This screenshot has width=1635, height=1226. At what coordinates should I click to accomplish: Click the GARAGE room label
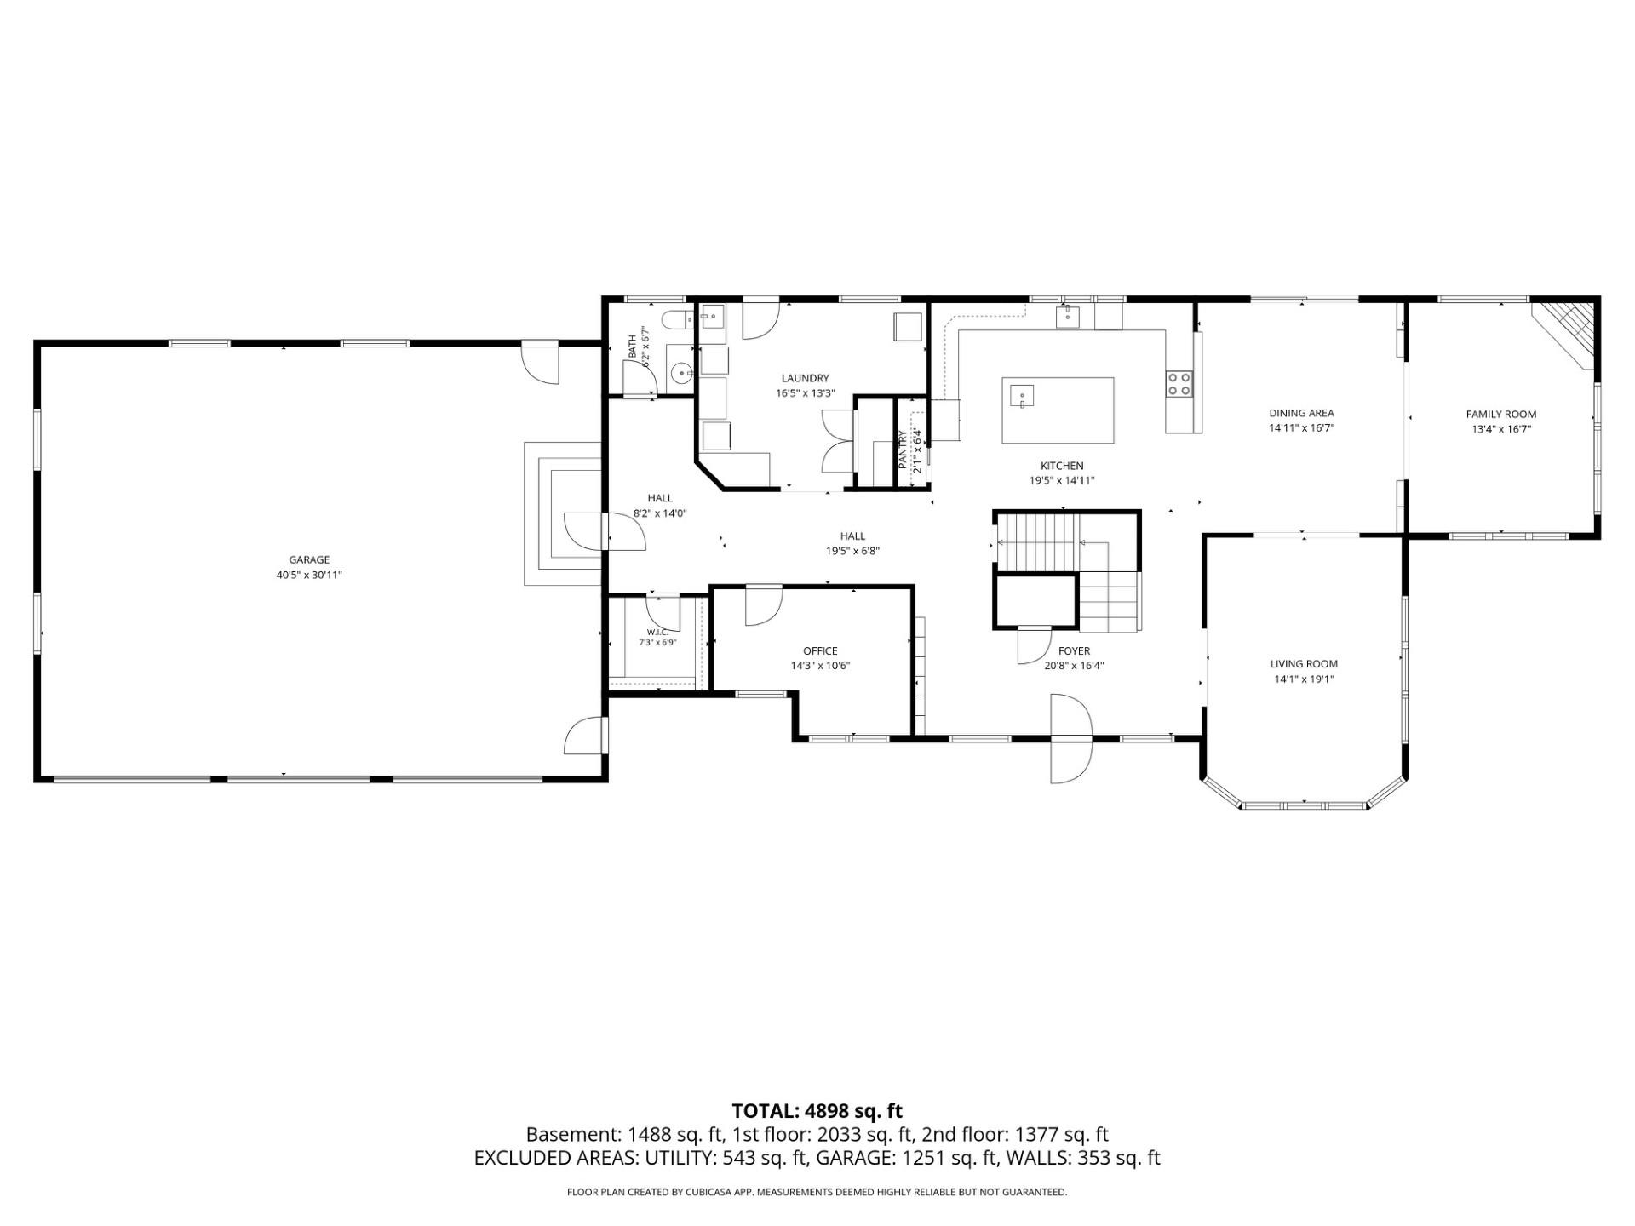tap(309, 559)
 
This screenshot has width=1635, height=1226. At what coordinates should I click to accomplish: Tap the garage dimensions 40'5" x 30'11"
tap(309, 575)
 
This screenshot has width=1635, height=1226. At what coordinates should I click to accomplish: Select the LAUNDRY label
tap(805, 378)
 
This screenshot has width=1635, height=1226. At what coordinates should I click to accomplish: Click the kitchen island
tap(1058, 410)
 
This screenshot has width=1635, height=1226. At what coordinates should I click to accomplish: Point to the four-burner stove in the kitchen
tap(1179, 384)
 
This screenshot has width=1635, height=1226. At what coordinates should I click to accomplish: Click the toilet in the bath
tap(679, 320)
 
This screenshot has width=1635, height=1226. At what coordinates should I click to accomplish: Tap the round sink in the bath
tap(681, 373)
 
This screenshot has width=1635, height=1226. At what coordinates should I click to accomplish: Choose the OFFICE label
tap(820, 651)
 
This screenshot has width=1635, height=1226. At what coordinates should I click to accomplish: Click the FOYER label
tap(1074, 651)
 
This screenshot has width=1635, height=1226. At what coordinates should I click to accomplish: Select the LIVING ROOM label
tap(1304, 664)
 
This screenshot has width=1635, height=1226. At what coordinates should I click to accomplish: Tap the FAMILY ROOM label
tap(1501, 415)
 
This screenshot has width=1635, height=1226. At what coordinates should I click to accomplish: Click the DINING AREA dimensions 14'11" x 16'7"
tap(1301, 428)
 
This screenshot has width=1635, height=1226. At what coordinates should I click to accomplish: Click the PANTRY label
tap(903, 449)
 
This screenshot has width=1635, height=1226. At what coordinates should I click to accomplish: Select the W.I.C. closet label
tap(657, 632)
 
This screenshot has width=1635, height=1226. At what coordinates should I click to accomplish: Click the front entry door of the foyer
tap(1071, 738)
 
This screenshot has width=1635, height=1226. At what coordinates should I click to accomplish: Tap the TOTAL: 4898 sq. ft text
tap(817, 1110)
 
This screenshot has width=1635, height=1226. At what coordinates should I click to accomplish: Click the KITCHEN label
tap(1062, 466)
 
